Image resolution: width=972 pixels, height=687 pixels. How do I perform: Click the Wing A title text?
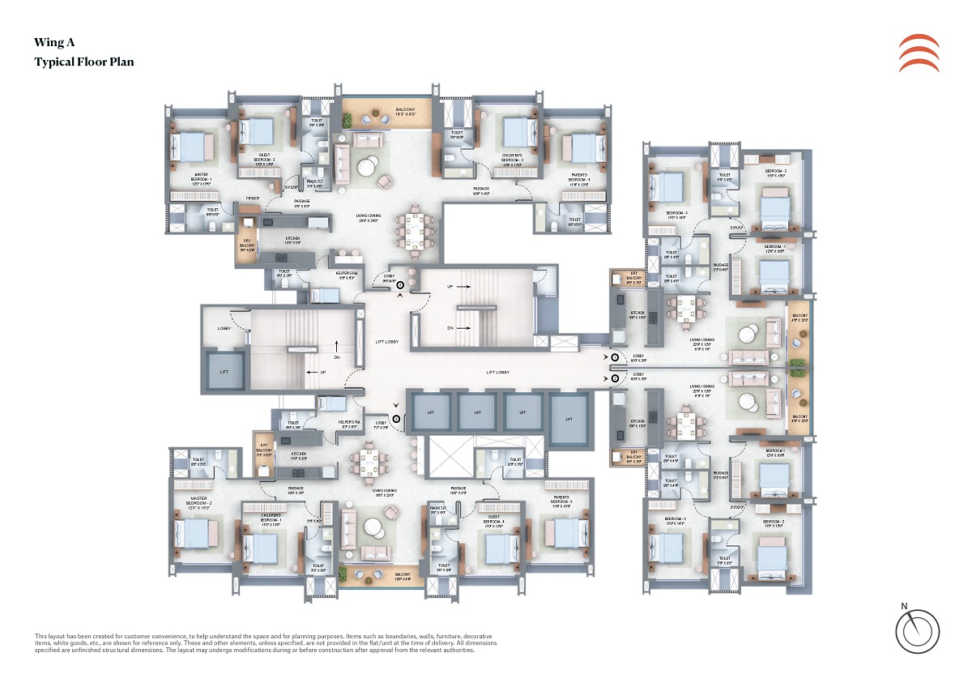pyautogui.click(x=53, y=42)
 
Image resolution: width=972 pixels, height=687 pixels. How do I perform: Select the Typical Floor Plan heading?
pyautogui.click(x=83, y=62)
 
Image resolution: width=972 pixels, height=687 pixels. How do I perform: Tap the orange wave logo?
pyautogui.click(x=919, y=53)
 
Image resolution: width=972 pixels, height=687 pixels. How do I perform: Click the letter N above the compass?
pyautogui.click(x=905, y=605)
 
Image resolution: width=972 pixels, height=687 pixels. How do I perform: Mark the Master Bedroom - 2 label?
pyautogui.click(x=200, y=501)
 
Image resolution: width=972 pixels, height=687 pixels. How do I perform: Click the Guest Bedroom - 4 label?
pyautogui.click(x=494, y=520)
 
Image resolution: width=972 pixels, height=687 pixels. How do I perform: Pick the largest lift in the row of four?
pyautogui.click(x=569, y=418)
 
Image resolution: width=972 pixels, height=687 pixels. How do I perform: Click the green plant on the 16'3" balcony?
pyautogui.click(x=347, y=120)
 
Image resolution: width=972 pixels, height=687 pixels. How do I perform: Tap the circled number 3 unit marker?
pyautogui.click(x=396, y=418)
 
